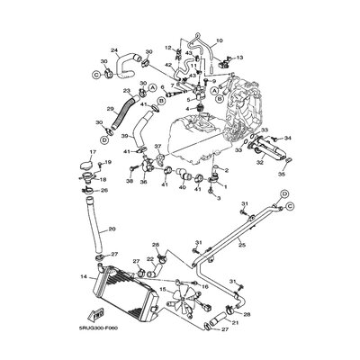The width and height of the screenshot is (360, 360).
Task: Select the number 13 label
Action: point(239,57)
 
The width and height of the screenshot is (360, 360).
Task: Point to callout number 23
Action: point(126,91)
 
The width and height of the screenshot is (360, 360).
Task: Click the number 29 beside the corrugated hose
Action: point(111,108)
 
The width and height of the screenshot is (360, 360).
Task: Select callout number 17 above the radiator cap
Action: point(92,153)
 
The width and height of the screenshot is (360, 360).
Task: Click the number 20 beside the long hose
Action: point(112,229)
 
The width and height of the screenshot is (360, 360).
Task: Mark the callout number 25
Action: point(241,244)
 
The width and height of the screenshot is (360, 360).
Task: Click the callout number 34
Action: point(288,138)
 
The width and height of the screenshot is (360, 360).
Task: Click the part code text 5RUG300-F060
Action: point(115,329)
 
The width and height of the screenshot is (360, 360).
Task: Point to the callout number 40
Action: point(180,189)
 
